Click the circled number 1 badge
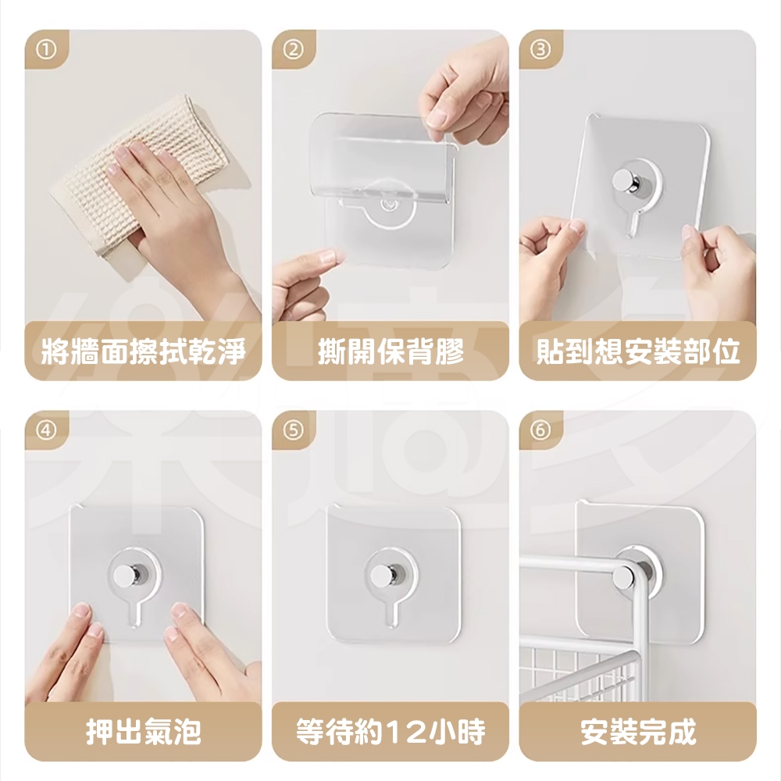click(46, 50)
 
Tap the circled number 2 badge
click(294, 50)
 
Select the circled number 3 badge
click(540, 50)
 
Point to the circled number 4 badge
click(46, 430)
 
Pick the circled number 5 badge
click(294, 430)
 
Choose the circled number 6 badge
click(540, 430)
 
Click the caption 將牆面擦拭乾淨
click(143, 351)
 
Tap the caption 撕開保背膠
click(390, 351)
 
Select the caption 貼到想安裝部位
click(637, 351)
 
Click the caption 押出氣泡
click(143, 732)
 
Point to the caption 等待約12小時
click(390, 732)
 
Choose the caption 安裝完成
click(637, 732)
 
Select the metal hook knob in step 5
click(384, 576)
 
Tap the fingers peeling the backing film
click(461, 100)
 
